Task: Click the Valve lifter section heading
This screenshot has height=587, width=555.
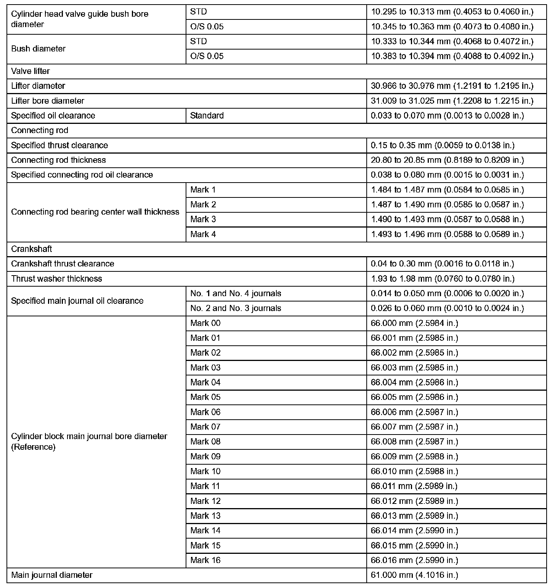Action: [30, 71]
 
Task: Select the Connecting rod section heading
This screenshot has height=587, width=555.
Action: [40, 130]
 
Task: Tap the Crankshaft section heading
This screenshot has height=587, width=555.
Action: [32, 249]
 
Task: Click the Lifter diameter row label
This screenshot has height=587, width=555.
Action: [38, 86]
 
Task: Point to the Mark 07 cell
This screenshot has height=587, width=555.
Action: [205, 427]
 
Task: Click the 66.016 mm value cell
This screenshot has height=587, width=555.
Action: [414, 560]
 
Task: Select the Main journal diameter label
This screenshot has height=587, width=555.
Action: [52, 575]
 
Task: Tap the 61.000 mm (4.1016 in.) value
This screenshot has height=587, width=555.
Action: [414, 575]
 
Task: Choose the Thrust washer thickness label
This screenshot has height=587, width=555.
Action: [56, 279]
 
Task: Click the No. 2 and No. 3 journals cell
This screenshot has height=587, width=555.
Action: [236, 308]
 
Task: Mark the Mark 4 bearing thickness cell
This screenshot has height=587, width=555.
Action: [203, 234]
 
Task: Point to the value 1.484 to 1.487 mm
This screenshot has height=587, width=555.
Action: [448, 190]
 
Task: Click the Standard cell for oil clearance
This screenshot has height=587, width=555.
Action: [207, 116]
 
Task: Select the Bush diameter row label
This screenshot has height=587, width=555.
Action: [38, 49]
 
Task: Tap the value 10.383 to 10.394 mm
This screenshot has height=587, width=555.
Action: [452, 56]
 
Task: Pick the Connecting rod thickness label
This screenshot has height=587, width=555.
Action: [58, 160]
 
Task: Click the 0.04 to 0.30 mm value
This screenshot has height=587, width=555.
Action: [443, 264]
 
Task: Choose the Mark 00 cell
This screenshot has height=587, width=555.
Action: [205, 323]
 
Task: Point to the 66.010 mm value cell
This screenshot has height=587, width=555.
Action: [414, 472]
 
